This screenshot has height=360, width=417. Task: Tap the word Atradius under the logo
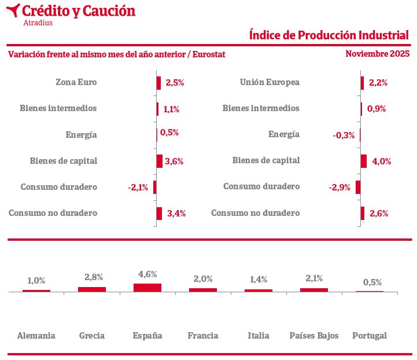pos(38,23)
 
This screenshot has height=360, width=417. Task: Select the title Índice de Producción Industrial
pos(329,35)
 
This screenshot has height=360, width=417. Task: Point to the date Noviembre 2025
pos(377,54)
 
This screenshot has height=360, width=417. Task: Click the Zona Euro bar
pos(158,83)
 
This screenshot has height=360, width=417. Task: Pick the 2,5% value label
pos(175,83)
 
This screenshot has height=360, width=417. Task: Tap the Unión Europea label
pos(270,82)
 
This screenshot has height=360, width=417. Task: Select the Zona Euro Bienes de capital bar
pos(159,161)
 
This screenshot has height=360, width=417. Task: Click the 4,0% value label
pos(382,161)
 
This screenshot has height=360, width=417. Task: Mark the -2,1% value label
pos(138,188)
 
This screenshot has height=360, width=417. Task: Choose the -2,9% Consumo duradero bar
pos(358,187)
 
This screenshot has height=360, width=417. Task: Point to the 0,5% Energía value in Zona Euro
pos(169,133)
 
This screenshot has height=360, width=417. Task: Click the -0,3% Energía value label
pos(344,135)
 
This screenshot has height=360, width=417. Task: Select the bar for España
pos(147,287)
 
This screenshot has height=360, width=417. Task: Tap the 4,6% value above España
pos(147,274)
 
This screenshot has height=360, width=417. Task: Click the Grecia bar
pos(92,289)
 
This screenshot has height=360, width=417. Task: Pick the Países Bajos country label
pos(314,336)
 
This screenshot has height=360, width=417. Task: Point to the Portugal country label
pos(370,336)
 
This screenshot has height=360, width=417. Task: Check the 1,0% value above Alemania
pos(36,281)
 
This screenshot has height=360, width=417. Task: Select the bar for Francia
pos(203,289)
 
